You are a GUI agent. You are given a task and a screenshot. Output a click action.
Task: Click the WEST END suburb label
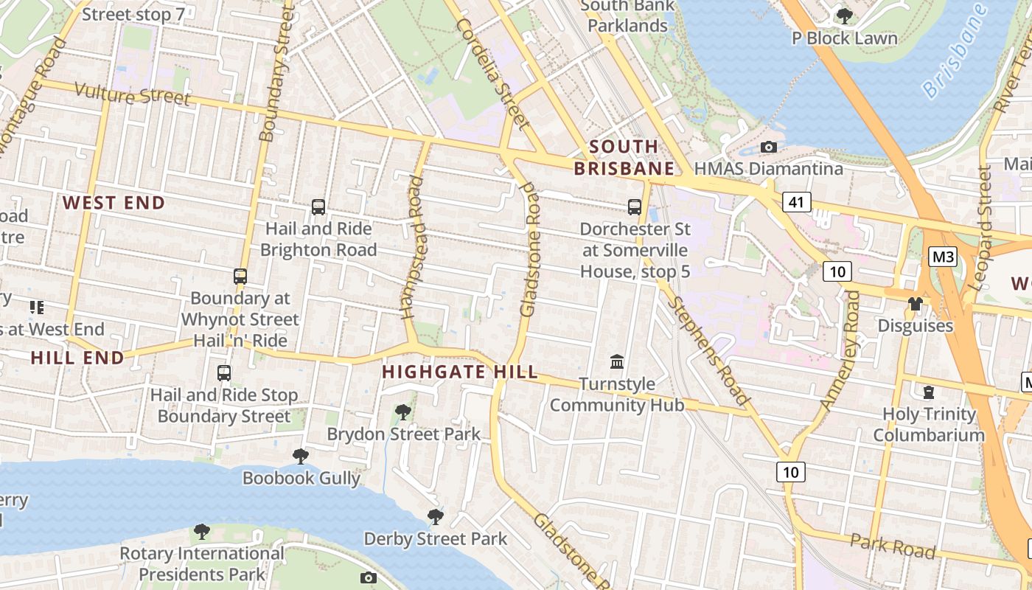(x=114, y=203)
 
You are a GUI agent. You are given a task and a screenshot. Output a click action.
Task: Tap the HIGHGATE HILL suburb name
(x=460, y=372)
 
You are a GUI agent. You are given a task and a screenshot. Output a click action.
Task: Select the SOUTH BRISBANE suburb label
(x=624, y=157)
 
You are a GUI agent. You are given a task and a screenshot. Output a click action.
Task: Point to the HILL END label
(x=77, y=358)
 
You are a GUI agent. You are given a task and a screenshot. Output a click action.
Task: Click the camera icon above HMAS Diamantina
(x=769, y=147)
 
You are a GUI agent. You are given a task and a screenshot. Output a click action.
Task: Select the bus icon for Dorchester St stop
(x=635, y=207)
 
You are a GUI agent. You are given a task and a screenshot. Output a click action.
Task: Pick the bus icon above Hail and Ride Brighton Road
(x=318, y=207)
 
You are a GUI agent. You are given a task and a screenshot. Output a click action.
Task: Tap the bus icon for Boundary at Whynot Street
(x=240, y=277)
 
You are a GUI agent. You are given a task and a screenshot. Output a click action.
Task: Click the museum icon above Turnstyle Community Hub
(x=617, y=362)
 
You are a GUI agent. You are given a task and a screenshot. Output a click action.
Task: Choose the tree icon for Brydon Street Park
(x=403, y=412)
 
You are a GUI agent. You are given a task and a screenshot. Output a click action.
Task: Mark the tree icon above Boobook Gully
(x=301, y=457)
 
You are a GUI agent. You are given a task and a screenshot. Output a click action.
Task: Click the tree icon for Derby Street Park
(x=436, y=517)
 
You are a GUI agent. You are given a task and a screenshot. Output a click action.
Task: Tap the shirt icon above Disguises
(x=915, y=303)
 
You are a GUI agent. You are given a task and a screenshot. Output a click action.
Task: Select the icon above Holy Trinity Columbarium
(x=928, y=392)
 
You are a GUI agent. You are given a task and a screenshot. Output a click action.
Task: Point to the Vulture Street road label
(x=133, y=95)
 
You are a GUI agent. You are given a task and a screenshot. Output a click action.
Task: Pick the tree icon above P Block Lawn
(x=845, y=16)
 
